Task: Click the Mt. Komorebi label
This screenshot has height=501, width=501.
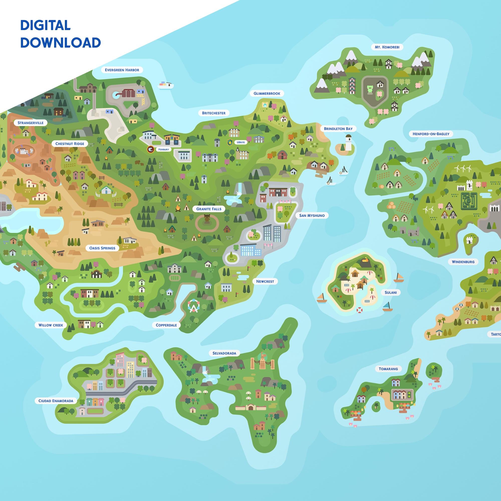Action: click(x=387, y=47)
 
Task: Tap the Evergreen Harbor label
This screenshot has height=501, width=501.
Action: click(x=122, y=70)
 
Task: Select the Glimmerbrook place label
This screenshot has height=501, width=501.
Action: click(x=267, y=93)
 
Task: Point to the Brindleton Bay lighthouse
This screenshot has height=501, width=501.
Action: click(x=348, y=143)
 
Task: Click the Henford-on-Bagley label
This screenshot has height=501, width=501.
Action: click(x=431, y=134)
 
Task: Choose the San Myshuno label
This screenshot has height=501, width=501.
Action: click(x=312, y=215)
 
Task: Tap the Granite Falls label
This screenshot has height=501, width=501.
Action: click(x=209, y=209)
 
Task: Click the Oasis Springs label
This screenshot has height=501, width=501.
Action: click(x=102, y=248)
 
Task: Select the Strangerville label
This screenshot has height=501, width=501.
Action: click(x=30, y=123)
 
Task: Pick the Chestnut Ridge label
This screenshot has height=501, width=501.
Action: click(x=69, y=144)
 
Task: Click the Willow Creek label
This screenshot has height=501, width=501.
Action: click(x=51, y=325)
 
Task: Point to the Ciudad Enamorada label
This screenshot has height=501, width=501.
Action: click(x=56, y=401)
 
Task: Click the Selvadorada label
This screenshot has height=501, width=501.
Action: click(x=224, y=353)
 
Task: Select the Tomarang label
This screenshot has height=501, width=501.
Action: click(x=388, y=369)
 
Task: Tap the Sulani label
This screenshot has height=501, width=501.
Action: click(x=391, y=293)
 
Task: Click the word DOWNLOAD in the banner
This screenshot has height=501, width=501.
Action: click(x=60, y=43)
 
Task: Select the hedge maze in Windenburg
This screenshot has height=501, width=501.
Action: click(x=469, y=200)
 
